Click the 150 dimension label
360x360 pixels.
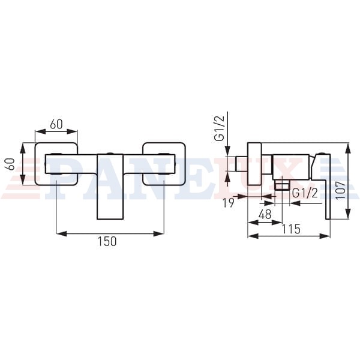coord(107,241)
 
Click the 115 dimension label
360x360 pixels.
coord(291,229)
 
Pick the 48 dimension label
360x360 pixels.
coord(265,215)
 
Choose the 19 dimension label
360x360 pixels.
coord(229,203)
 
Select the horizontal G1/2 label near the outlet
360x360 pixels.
coord(305,194)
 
